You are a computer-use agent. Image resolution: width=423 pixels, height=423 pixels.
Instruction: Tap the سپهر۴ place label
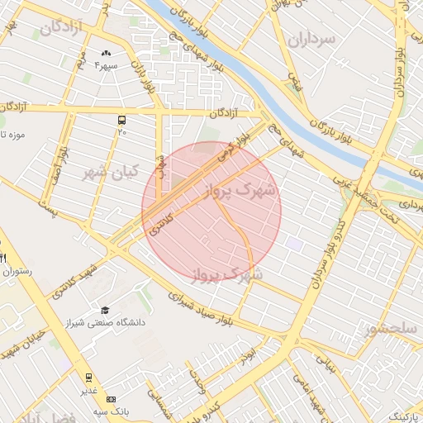click(x=107, y=65)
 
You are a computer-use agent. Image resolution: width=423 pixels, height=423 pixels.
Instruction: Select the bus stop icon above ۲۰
click(x=122, y=120)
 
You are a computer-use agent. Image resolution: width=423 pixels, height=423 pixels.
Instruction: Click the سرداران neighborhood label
click(x=313, y=39)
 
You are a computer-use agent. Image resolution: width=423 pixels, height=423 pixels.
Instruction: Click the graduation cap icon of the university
click(x=104, y=310)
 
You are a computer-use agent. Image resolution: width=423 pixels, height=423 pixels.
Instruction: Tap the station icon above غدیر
click(x=88, y=377)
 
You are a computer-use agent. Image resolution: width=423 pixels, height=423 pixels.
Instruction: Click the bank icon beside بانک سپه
click(x=112, y=399)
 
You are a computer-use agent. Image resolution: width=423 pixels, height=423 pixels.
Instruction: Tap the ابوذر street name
click(x=249, y=353)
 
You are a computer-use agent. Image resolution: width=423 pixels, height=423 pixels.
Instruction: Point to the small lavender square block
click(x=294, y=243)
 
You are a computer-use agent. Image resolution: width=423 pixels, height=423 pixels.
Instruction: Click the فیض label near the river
click(x=293, y=81)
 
